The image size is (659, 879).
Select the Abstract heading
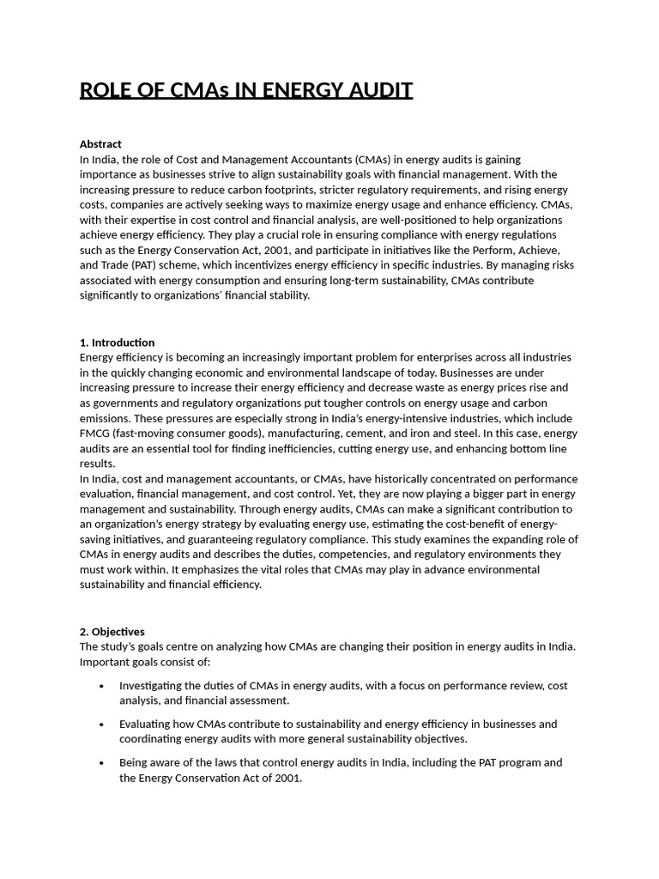click(x=100, y=144)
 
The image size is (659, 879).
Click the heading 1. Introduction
click(x=117, y=343)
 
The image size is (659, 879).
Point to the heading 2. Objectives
click(x=112, y=632)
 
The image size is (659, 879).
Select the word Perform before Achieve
click(x=463, y=250)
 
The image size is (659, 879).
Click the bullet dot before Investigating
click(x=102, y=686)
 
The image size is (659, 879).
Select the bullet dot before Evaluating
click(x=102, y=724)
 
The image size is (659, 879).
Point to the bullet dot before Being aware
click(x=102, y=762)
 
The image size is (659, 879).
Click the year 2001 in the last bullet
click(x=287, y=779)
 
